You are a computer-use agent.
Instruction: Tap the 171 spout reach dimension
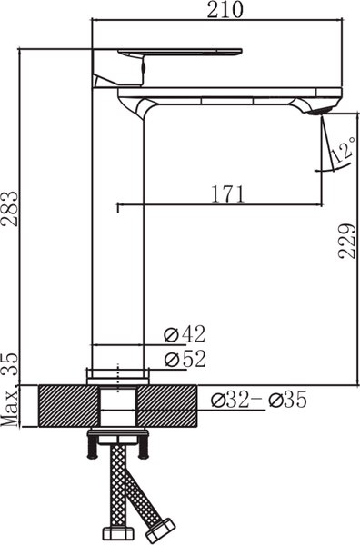point(226,193)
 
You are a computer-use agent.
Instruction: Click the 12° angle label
point(344,151)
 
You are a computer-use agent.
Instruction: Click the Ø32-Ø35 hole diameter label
point(258,398)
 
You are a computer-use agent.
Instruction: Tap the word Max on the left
point(11,408)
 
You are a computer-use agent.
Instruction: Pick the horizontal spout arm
point(236,94)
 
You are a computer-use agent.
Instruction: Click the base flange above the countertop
point(118,374)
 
